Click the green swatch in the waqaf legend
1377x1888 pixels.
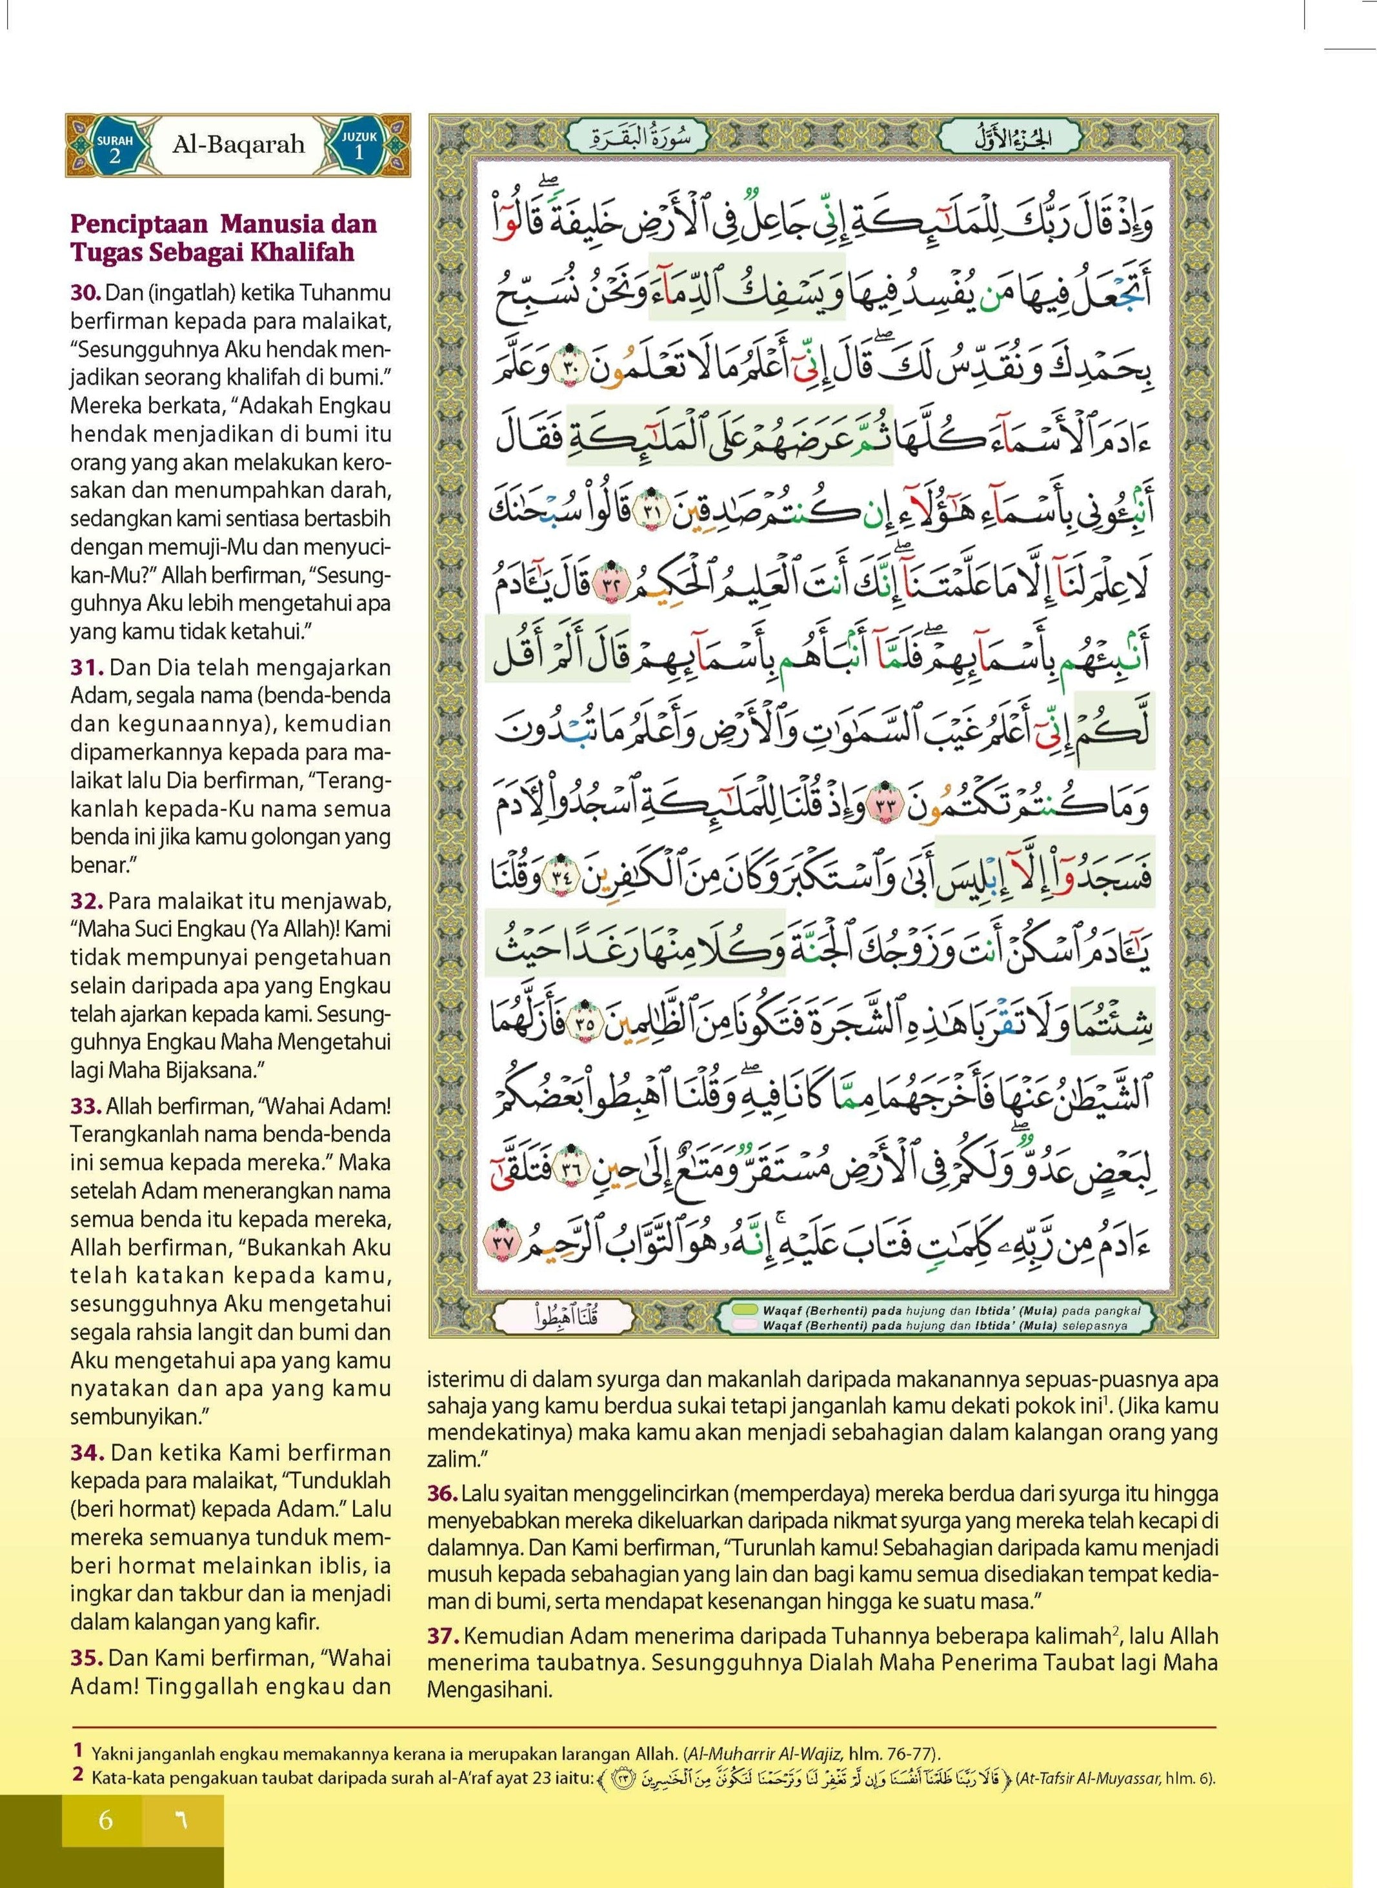click(743, 1309)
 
